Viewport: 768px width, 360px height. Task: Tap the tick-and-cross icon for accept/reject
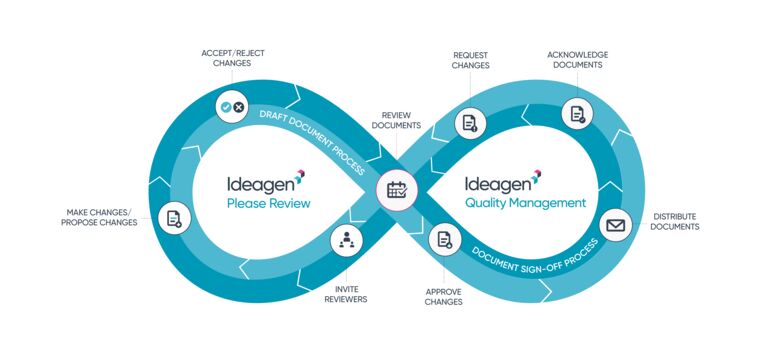tap(232, 106)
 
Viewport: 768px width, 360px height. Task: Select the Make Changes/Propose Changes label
tap(97, 217)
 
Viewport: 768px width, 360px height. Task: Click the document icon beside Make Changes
tap(174, 218)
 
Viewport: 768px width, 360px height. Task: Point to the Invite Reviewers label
tap(345, 294)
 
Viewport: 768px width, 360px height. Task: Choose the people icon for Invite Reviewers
tap(347, 240)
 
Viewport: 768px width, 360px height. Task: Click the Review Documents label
tap(396, 120)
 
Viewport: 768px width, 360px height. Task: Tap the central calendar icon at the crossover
tap(396, 188)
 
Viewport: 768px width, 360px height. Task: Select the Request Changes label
tap(471, 60)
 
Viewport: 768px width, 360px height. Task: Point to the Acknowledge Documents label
tap(577, 59)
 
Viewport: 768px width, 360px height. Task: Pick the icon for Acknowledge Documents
tap(577, 113)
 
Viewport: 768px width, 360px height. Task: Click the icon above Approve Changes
tap(444, 240)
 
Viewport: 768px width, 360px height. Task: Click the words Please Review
tap(269, 203)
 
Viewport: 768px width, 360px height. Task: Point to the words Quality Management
tap(525, 203)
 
